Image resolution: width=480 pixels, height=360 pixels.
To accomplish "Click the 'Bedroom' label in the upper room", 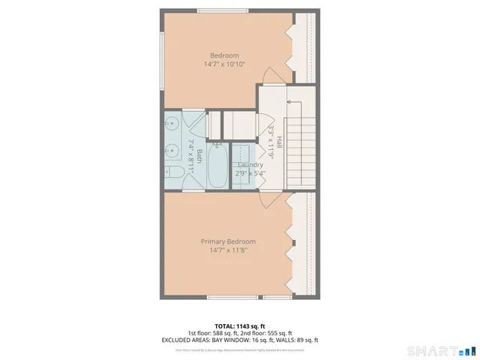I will [224, 55].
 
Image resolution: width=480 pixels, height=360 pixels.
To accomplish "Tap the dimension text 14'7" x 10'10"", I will [224, 64].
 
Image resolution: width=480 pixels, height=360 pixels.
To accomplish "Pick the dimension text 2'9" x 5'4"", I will [250, 173].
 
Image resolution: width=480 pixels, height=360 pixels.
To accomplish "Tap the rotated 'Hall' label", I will [278, 141].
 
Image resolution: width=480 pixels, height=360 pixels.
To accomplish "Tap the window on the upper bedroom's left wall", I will [162, 59].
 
